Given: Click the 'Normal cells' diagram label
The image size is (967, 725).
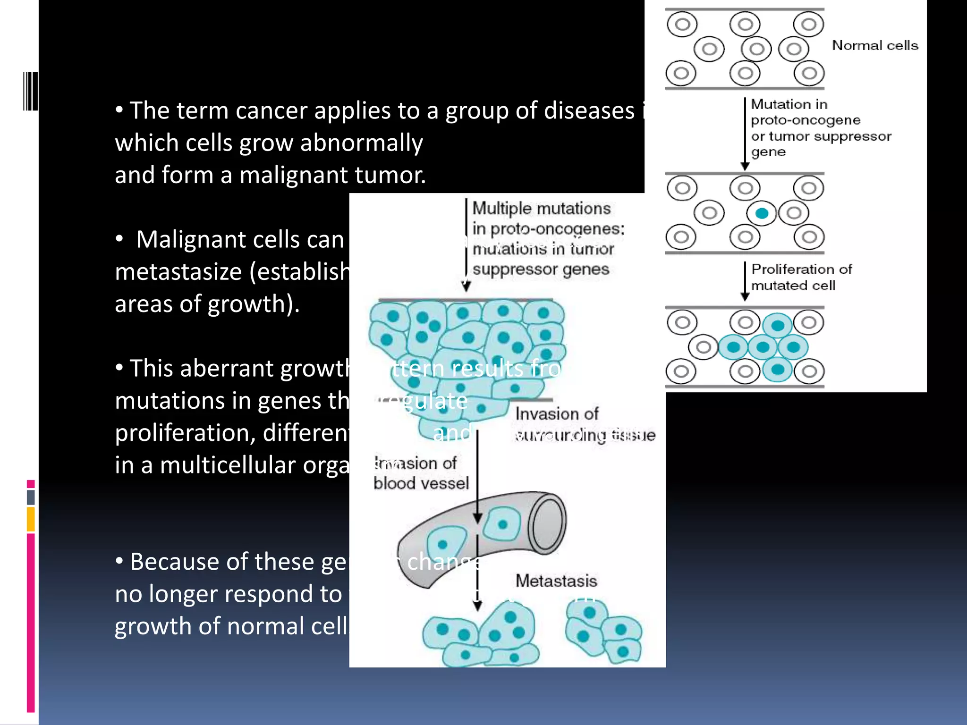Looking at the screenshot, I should [x=874, y=45].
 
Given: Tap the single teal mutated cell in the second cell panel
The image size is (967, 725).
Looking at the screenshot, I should [x=761, y=213].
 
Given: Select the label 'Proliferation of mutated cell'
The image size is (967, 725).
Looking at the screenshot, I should [x=801, y=277].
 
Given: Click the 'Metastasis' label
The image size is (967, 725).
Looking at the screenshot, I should [x=556, y=581].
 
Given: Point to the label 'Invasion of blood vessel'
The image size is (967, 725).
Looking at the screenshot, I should [x=421, y=473].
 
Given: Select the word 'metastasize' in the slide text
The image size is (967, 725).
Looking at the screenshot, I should [x=178, y=272].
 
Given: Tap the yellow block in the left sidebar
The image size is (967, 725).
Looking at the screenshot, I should [x=31, y=519].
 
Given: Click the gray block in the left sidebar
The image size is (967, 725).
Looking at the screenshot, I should [x=31, y=497].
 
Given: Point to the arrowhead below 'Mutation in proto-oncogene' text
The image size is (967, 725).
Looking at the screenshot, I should [x=745, y=166].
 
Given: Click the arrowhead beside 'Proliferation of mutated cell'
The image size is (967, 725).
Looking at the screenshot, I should [x=745, y=296].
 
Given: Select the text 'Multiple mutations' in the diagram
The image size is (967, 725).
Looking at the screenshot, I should [x=542, y=208].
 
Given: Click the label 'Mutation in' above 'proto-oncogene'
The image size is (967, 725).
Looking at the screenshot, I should [x=789, y=104].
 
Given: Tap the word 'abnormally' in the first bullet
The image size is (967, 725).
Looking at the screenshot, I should [x=361, y=143].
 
